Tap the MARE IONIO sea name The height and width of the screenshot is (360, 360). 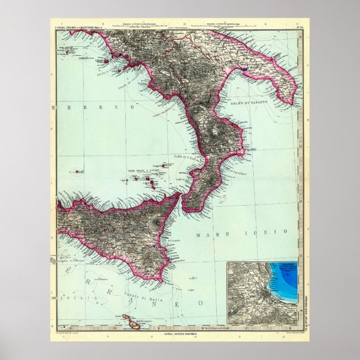point(241,231)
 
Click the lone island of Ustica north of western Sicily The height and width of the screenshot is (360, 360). point(76,173)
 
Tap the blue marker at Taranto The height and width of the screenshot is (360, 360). point(244,70)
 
